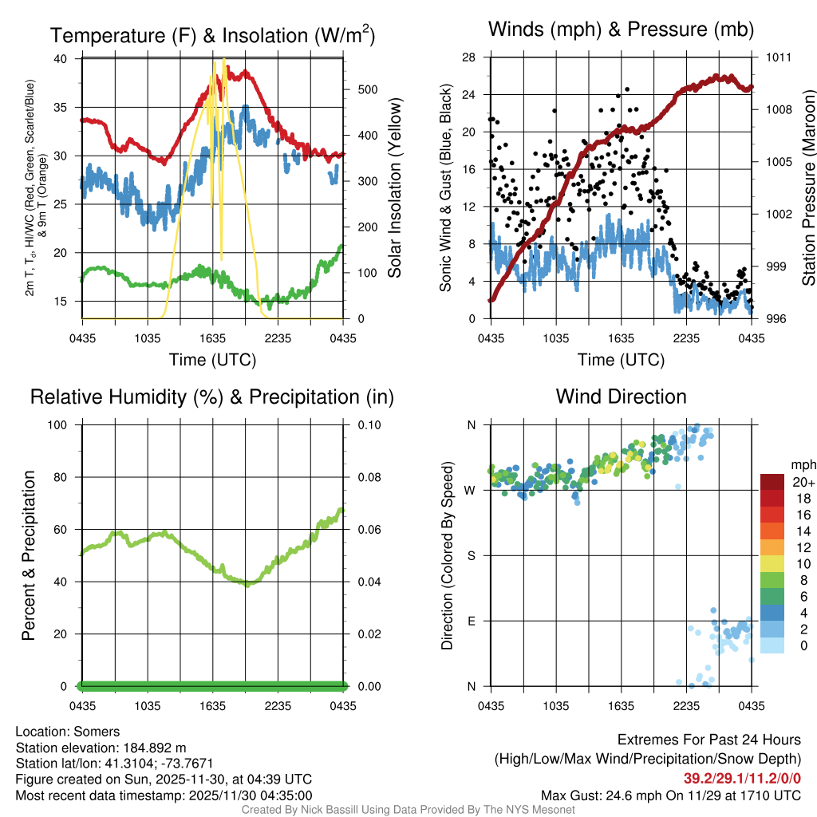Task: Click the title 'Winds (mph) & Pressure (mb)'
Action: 621,30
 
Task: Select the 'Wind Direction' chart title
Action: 621,397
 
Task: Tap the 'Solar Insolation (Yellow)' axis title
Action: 395,188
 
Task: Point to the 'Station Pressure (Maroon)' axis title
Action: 808,188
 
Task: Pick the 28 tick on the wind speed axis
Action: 469,57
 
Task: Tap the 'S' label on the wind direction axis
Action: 471,555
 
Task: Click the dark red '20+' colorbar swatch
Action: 772,482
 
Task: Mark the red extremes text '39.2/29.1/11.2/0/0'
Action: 742,779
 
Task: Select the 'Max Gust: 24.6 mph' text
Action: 593,795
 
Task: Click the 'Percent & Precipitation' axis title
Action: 29,555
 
